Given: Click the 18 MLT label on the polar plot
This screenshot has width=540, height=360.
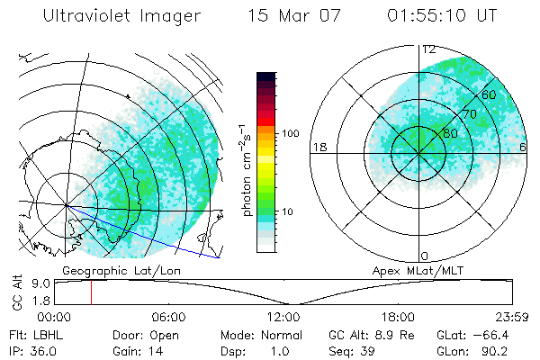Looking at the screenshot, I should (319, 147).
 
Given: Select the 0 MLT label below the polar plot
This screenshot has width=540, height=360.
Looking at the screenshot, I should (425, 256).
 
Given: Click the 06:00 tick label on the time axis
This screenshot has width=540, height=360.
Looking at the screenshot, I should (168, 317).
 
